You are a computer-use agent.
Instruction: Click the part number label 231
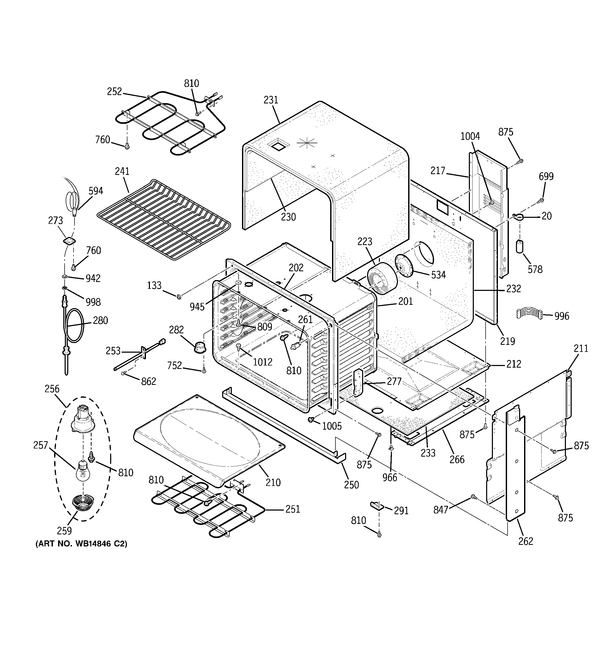[271, 100]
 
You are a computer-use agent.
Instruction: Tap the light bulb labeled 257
[83, 471]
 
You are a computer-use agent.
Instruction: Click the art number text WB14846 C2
[81, 544]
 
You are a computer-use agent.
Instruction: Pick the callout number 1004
[470, 136]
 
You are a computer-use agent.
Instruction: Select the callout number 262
[526, 541]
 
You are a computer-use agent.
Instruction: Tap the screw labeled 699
[541, 200]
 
